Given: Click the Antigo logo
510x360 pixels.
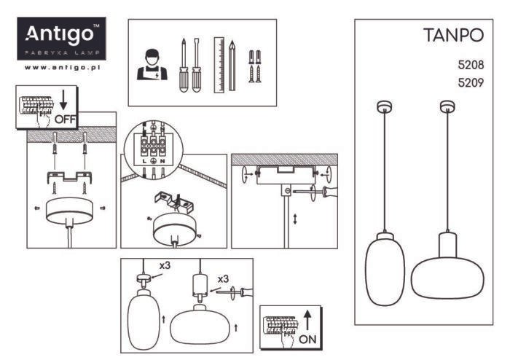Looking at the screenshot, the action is tap(61, 39).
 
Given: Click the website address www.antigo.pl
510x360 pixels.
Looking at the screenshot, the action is tap(62, 68).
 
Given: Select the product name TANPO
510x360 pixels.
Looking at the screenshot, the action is tap(453, 35).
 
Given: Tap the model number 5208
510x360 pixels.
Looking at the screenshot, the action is tap(471, 65).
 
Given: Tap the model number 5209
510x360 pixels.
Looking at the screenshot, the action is tap(471, 82).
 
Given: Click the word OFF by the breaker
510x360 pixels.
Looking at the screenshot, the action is tap(65, 120).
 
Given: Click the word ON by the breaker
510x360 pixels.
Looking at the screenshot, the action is tap(307, 340).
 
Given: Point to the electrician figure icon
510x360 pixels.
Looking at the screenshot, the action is tap(152, 64).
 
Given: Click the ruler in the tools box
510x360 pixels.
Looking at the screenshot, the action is tap(219, 65).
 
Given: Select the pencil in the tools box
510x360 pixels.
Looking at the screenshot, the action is tap(232, 66).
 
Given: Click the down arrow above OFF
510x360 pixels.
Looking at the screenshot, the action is tap(63, 101).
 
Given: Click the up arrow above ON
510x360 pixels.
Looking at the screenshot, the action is tap(307, 321).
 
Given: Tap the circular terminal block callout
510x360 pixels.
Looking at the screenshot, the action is tap(154, 149).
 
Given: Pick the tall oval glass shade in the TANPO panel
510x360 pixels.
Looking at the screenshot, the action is tap(385, 269).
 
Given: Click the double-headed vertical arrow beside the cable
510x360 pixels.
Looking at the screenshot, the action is tap(295, 219).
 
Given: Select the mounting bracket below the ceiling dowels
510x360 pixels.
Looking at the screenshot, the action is tap(70, 176).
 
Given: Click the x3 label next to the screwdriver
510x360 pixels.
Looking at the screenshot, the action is tap(223, 279).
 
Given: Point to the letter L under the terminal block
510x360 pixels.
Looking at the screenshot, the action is tap(145, 161).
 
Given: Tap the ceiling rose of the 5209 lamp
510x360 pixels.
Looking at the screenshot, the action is tap(447, 106).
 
